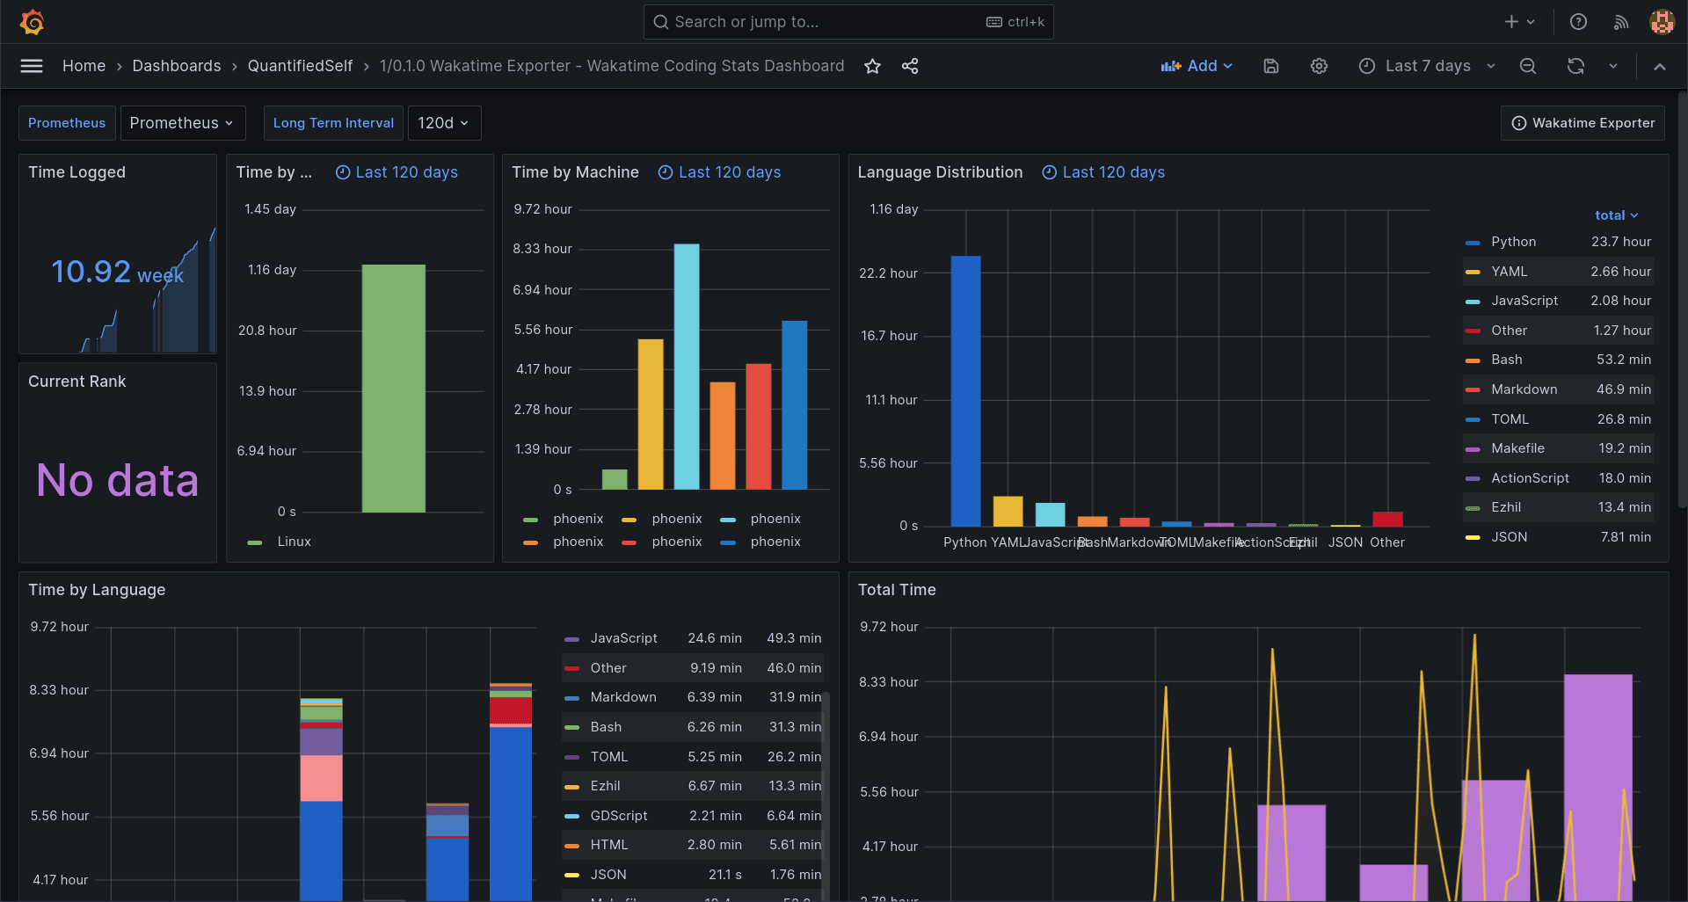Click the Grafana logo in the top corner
click(x=33, y=22)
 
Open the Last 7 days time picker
click(x=1427, y=66)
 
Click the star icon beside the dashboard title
click(x=872, y=66)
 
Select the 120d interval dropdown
click(x=444, y=123)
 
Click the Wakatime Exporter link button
click(x=1583, y=123)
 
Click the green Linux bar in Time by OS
click(x=393, y=387)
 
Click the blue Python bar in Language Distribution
click(x=965, y=391)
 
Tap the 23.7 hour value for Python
click(x=1620, y=242)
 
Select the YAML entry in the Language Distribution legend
click(x=1509, y=272)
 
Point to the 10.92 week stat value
click(x=116, y=272)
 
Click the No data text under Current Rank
click(x=117, y=480)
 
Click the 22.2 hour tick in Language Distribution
click(x=888, y=273)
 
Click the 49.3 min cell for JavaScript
click(x=793, y=638)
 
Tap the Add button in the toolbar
click(x=1197, y=66)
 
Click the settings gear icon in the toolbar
click(x=1319, y=66)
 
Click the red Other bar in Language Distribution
click(x=1387, y=519)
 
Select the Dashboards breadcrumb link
click(x=177, y=66)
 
